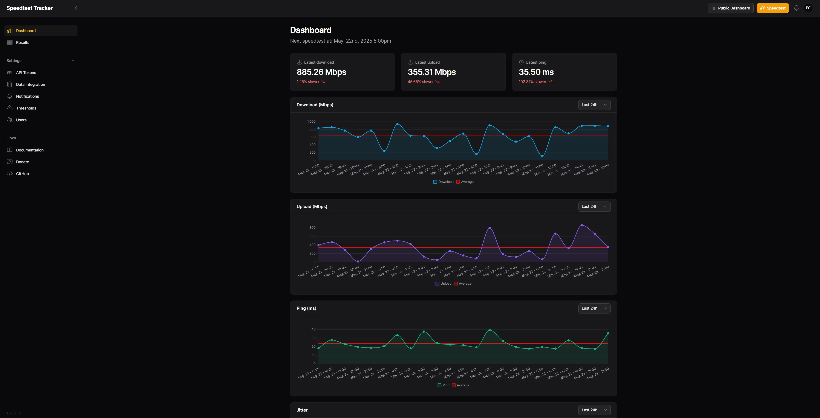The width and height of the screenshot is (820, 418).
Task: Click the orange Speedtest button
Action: [772, 8]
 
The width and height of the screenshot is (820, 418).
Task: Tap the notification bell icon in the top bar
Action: [796, 8]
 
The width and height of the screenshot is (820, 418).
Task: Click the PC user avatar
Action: [808, 8]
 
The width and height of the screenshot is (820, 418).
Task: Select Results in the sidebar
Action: [23, 42]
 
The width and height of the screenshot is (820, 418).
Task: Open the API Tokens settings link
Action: [26, 73]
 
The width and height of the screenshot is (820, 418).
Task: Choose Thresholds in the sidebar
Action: [26, 108]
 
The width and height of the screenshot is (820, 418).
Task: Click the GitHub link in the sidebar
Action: [22, 174]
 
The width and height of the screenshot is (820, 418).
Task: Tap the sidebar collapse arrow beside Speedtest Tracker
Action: [76, 8]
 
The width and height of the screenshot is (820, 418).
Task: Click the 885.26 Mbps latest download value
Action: [321, 72]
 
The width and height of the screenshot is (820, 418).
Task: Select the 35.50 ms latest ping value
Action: [536, 72]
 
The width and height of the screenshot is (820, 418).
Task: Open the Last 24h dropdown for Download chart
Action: [594, 105]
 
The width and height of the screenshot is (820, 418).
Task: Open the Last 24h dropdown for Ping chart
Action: [594, 308]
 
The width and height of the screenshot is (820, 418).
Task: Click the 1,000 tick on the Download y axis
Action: [311, 121]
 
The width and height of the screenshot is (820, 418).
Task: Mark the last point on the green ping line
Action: [608, 333]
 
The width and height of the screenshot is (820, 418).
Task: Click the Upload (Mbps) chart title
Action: [312, 207]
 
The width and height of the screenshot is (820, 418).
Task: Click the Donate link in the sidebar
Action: [22, 162]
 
